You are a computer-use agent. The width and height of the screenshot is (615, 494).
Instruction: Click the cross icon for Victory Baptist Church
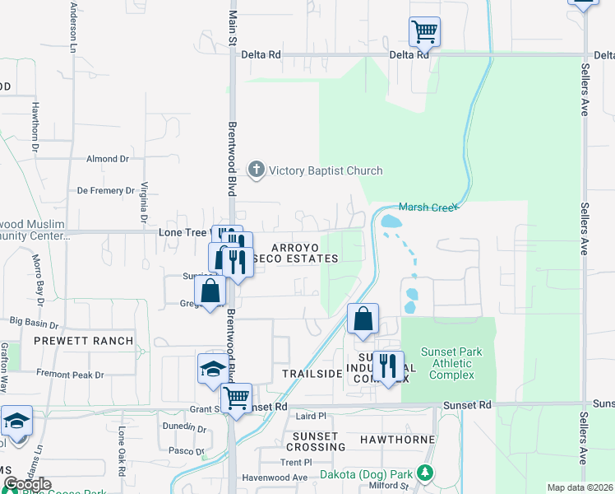(256, 170)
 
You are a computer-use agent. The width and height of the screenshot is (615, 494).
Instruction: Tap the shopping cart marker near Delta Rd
(424, 33)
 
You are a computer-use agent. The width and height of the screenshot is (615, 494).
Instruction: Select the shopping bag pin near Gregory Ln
(210, 291)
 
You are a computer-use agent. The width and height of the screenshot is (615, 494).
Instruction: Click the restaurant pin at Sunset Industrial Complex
(388, 366)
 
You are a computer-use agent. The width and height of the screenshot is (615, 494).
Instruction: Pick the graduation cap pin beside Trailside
(212, 370)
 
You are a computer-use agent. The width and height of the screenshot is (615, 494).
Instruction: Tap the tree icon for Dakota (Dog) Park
(424, 473)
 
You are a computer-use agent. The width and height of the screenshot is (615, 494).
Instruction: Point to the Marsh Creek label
(427, 207)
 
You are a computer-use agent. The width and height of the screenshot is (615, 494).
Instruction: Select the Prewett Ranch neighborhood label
(83, 341)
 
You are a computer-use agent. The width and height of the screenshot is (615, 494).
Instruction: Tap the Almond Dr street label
(108, 158)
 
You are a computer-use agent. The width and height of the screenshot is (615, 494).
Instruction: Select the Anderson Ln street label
(73, 22)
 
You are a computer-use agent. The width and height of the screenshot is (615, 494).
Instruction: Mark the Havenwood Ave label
(274, 478)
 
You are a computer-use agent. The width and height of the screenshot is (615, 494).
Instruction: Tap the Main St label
(233, 25)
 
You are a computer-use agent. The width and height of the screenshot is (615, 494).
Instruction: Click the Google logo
(27, 484)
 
